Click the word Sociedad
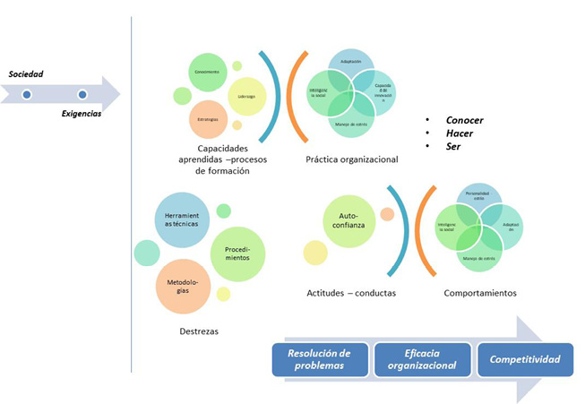(x=27, y=73)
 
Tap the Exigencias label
(x=82, y=114)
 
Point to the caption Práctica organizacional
(x=339, y=159)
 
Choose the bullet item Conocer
(x=466, y=119)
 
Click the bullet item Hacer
(x=460, y=133)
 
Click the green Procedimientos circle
(x=236, y=253)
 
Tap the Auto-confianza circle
(x=348, y=221)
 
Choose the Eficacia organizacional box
(x=423, y=358)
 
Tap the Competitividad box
(x=525, y=359)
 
